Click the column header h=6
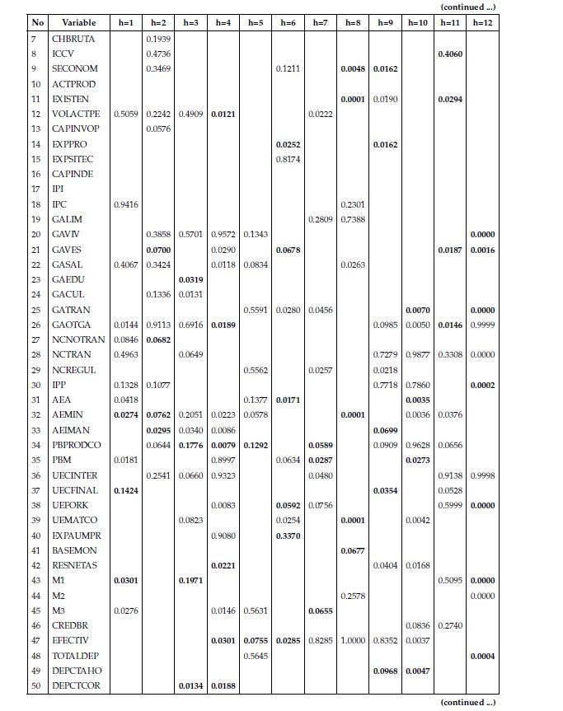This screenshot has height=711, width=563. (x=288, y=22)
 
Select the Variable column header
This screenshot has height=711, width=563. (x=78, y=22)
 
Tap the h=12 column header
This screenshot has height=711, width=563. (x=482, y=22)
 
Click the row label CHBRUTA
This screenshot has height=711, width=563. (x=73, y=39)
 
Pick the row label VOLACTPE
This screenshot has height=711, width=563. (x=76, y=114)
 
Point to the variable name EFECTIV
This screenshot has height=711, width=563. (x=70, y=640)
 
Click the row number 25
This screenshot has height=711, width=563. (x=36, y=310)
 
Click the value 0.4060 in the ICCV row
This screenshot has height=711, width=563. (x=449, y=54)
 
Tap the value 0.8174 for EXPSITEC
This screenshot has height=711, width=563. (x=288, y=159)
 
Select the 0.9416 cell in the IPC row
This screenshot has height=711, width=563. (x=125, y=204)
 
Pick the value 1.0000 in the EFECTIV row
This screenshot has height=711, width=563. (x=353, y=640)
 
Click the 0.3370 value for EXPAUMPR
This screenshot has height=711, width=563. (x=288, y=536)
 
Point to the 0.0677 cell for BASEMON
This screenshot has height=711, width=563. (x=353, y=550)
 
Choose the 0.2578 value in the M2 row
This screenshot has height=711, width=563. (x=353, y=596)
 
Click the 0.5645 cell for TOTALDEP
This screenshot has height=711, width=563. (x=256, y=656)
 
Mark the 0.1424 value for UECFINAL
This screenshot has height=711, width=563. (x=125, y=490)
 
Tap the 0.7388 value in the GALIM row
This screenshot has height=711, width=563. (x=353, y=219)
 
